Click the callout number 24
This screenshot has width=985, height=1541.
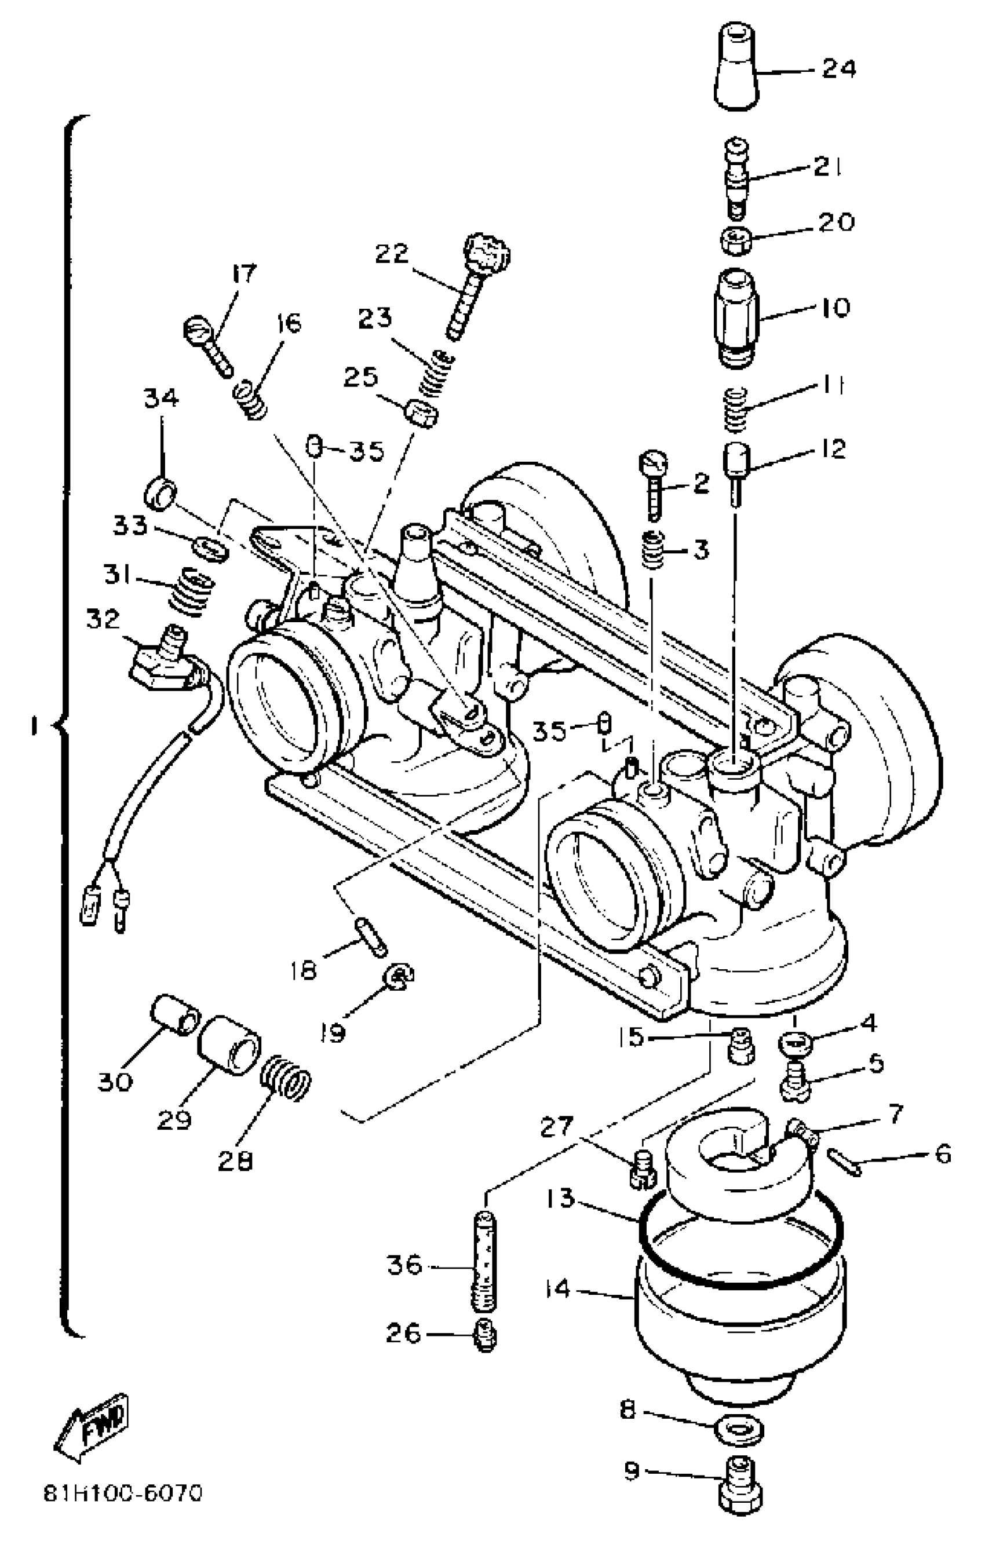(x=838, y=68)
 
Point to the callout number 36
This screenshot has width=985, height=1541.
(x=404, y=1265)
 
